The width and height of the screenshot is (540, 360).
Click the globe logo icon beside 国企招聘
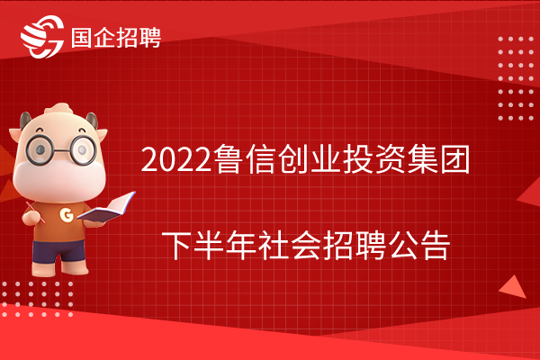pyautogui.click(x=42, y=37)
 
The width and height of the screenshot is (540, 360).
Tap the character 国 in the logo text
pyautogui.click(x=82, y=38)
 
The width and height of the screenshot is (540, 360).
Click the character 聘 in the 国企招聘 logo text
pyautogui.click(x=149, y=38)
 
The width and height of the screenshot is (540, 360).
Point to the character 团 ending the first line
pyautogui.click(x=455, y=159)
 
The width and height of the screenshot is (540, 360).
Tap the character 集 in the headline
pyautogui.click(x=423, y=159)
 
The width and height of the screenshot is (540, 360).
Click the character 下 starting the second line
pyautogui.click(x=176, y=246)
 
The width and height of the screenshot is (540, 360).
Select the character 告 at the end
pyautogui.click(x=436, y=246)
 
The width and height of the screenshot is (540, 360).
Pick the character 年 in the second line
pyautogui.click(x=241, y=246)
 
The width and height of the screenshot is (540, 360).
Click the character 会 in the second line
pyautogui.click(x=306, y=246)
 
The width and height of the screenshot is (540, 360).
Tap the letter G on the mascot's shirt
pyautogui.click(x=67, y=215)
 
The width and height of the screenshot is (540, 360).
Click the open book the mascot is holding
pyautogui.click(x=106, y=207)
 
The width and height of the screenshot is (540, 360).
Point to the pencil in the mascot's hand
pyautogui.click(x=35, y=212)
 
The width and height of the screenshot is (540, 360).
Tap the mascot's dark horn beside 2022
pyautogui.click(x=93, y=121)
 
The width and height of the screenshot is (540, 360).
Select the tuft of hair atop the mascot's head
pyautogui.click(x=58, y=109)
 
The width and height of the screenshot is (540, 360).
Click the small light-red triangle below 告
pyautogui.click(x=513, y=287)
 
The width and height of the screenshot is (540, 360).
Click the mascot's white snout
pyautogui.click(x=58, y=180)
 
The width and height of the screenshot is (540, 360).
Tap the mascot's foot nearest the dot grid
pyautogui.click(x=43, y=268)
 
